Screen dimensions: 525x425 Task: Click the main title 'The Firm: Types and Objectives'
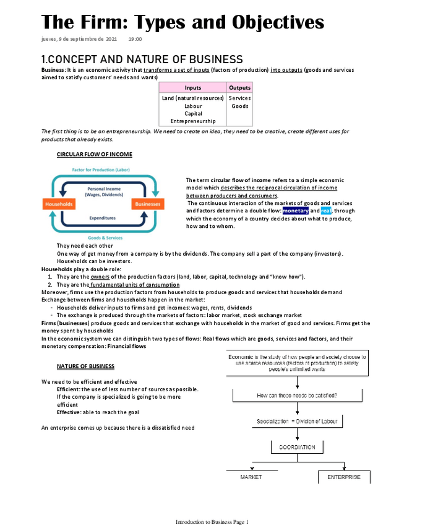coord(182,22)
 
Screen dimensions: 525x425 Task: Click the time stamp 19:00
coord(135,39)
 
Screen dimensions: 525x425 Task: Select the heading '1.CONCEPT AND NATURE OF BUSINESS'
coord(142,59)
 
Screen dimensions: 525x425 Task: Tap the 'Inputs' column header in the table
coord(192,88)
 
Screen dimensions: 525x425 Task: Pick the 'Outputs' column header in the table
coord(239,88)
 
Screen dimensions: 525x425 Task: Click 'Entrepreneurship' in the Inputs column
coord(193,121)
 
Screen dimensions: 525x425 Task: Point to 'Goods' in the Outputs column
coord(239,106)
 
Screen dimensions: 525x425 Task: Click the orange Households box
coord(59,204)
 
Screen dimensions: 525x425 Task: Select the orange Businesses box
coord(147,204)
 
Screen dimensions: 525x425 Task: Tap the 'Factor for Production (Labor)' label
coord(101,170)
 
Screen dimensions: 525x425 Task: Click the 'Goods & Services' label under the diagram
coord(105,238)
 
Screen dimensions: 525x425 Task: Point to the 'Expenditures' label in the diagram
coord(103,218)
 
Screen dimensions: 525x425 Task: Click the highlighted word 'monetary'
coord(295,210)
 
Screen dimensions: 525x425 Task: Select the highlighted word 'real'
coord(326,210)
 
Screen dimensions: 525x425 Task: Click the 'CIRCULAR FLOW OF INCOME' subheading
coord(94,154)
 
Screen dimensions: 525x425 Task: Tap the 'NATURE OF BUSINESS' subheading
coord(85,367)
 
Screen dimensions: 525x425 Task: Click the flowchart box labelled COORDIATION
coord(297,447)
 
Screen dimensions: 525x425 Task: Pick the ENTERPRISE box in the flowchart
coord(344,477)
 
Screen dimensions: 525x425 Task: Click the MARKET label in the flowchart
coord(251,477)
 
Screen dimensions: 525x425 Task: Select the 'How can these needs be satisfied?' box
coord(301,395)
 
